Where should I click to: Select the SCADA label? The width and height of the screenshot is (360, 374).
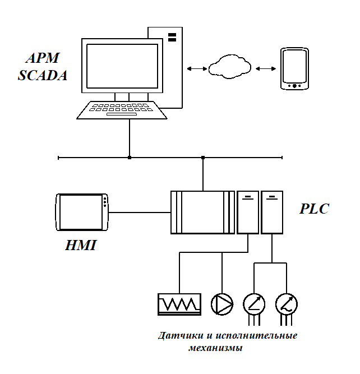coord(43,75)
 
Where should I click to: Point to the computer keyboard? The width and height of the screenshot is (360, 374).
coord(122,109)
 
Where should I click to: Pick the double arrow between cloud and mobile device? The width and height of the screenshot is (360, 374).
coord(265,68)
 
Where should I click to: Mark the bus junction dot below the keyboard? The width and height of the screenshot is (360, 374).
coord(130,158)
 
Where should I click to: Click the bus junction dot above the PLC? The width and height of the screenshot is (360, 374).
coord(203,158)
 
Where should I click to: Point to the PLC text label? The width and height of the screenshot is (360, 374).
coord(315,209)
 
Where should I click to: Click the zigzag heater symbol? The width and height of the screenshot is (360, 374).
coord(179,304)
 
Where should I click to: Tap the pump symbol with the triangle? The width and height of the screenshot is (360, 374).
coord(222,304)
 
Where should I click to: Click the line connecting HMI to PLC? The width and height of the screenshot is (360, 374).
coord(140,212)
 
